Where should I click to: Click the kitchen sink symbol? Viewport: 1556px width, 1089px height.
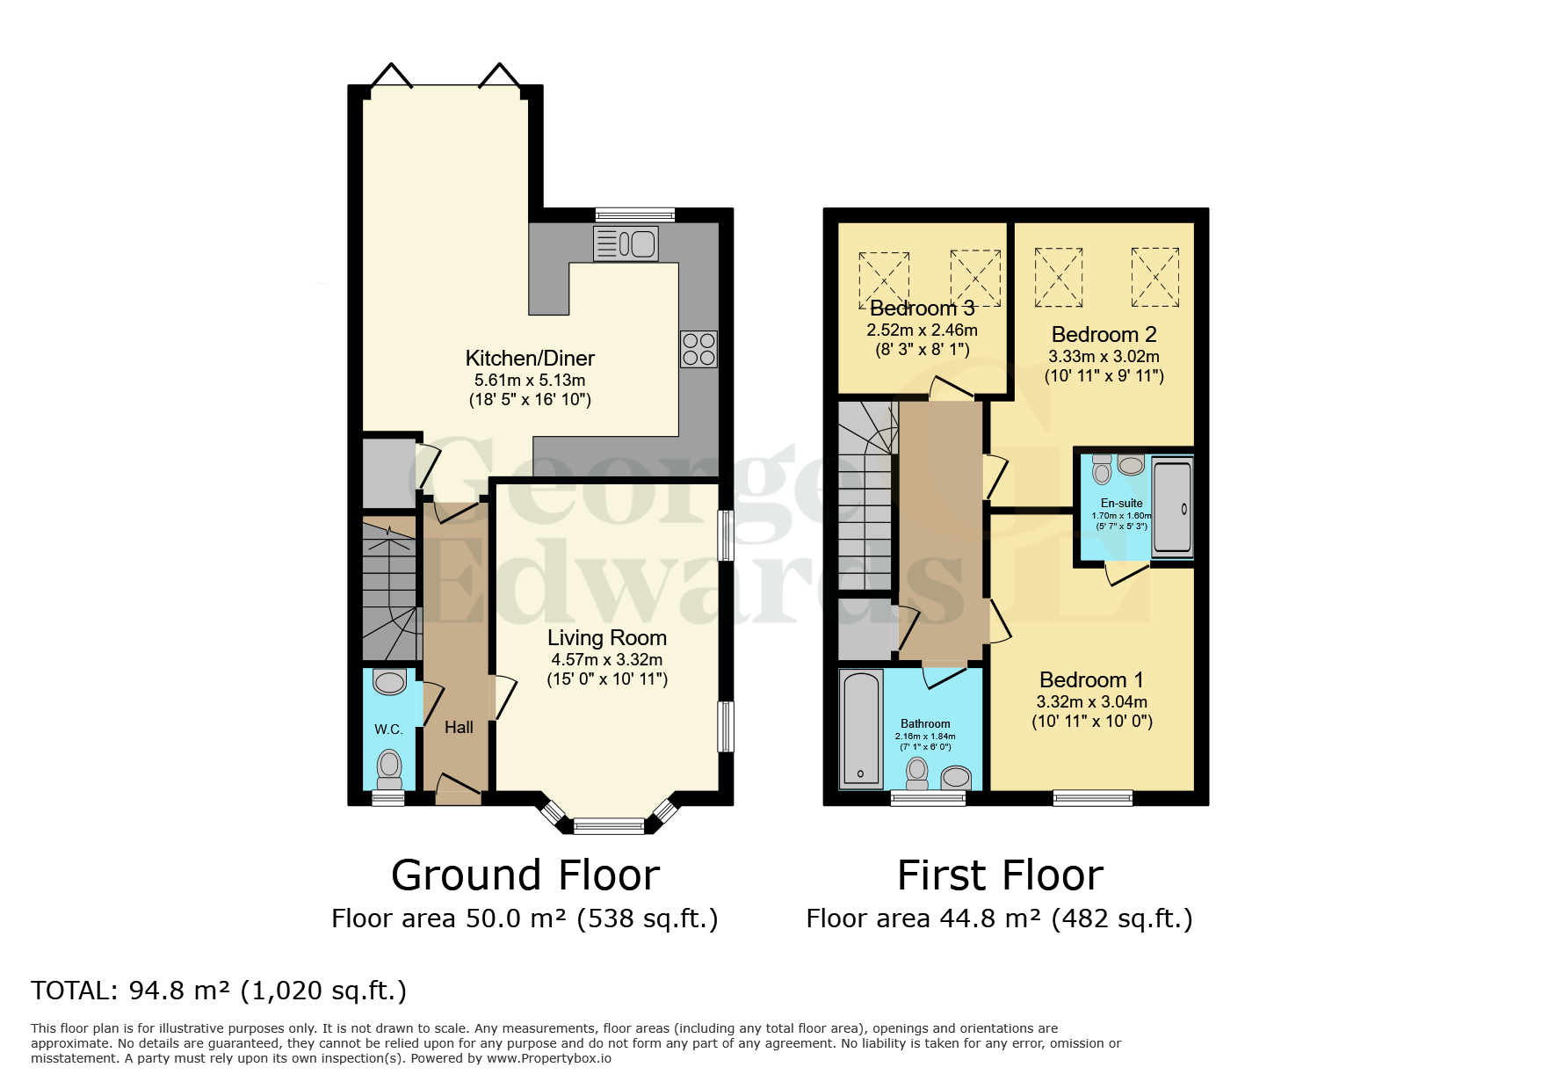point(626,243)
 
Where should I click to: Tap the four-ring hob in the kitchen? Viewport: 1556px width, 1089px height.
point(698,349)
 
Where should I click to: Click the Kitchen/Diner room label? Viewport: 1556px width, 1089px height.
point(530,359)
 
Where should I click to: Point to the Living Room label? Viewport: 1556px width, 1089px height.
point(607,638)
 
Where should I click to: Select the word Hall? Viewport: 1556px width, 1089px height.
point(459,728)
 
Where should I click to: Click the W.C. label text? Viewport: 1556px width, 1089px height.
point(388,730)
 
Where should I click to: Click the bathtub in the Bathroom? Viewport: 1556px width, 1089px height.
point(861,728)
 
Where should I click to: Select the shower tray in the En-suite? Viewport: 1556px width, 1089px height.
point(1171,507)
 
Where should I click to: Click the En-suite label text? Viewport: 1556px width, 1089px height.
point(1121,504)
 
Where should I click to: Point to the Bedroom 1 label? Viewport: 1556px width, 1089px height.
point(1091,680)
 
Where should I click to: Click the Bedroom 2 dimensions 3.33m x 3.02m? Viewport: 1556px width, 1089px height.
point(1104,357)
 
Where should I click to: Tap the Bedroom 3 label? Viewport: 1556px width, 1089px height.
point(922,309)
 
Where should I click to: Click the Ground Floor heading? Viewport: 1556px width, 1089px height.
point(525,875)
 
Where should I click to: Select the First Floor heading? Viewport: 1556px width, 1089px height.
point(1000,875)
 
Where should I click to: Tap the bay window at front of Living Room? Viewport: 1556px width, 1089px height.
point(609,824)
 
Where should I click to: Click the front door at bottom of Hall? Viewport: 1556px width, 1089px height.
point(458,791)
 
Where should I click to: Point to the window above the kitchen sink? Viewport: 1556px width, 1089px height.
point(634,214)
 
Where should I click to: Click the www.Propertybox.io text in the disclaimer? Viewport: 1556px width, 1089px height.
point(549,1058)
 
